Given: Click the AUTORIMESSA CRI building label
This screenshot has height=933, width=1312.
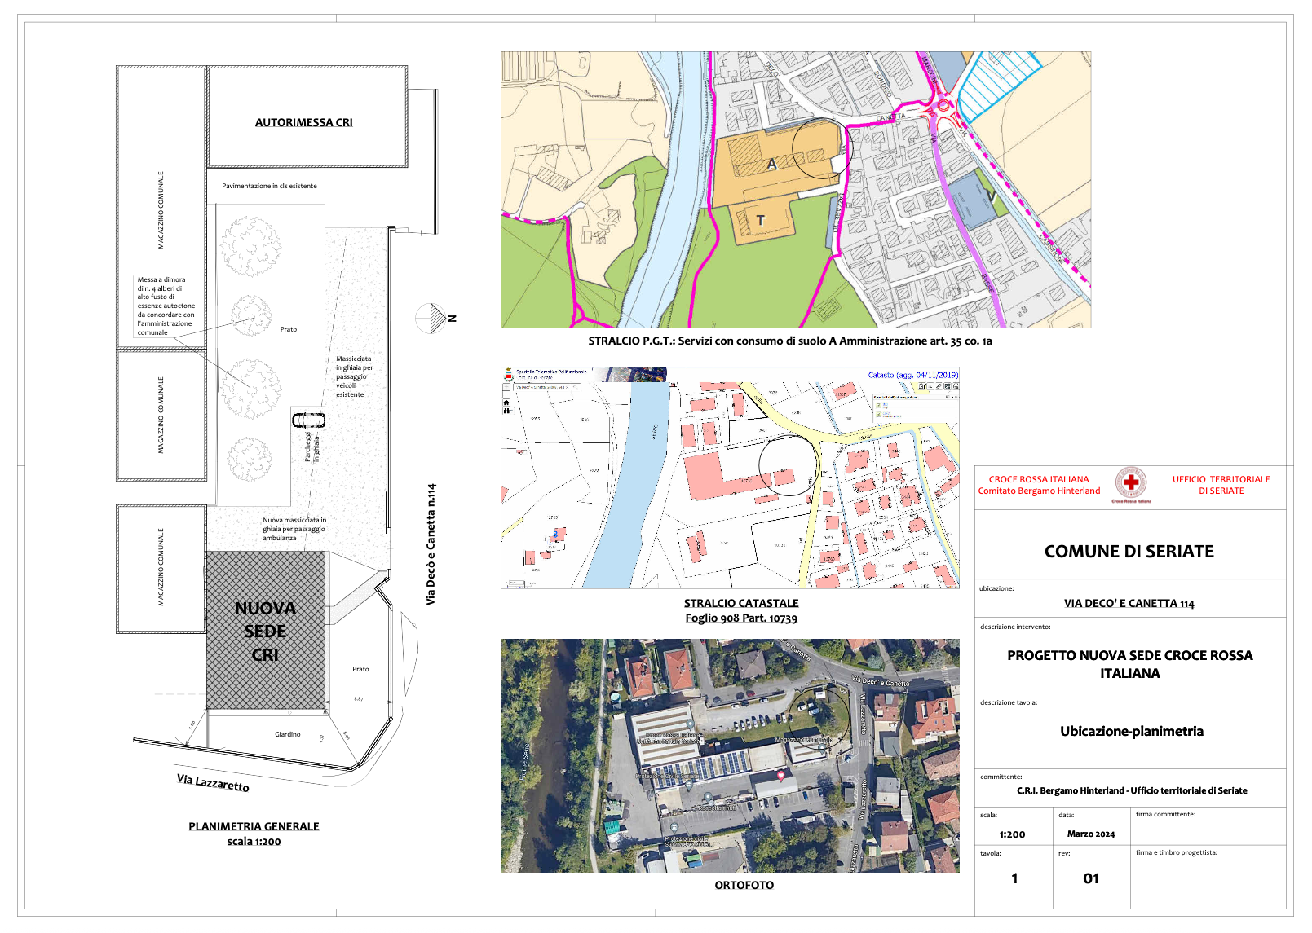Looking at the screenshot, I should (303, 122).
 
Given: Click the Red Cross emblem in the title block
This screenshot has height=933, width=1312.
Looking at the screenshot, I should (1131, 483).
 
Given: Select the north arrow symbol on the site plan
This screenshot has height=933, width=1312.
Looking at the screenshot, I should (432, 318).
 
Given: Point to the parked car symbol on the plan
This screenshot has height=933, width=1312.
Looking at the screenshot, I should (308, 420).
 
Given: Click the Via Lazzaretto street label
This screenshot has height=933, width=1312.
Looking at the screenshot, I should (213, 782).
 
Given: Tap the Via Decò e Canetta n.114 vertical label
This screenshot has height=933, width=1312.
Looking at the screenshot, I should (431, 544).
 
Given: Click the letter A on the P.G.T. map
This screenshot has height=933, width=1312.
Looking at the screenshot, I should (771, 164).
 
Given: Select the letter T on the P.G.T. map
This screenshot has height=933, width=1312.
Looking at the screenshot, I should (760, 220).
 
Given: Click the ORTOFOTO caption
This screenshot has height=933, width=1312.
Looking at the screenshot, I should (744, 885).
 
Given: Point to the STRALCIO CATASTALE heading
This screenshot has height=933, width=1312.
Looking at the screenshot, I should (740, 603).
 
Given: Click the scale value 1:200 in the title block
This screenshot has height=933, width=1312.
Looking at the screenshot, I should (1012, 834).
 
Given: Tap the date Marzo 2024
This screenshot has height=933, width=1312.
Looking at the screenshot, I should (1090, 834).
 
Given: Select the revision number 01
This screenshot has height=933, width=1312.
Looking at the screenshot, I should (1091, 878).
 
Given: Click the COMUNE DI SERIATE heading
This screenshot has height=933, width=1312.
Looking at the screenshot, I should (1129, 552).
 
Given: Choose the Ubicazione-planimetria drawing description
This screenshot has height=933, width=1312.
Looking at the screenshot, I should (1131, 731).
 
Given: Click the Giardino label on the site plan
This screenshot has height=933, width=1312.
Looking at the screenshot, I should (287, 734).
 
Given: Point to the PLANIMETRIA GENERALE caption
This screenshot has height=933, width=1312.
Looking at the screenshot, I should (254, 826).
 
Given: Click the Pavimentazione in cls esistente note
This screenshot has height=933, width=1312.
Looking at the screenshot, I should (269, 186).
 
